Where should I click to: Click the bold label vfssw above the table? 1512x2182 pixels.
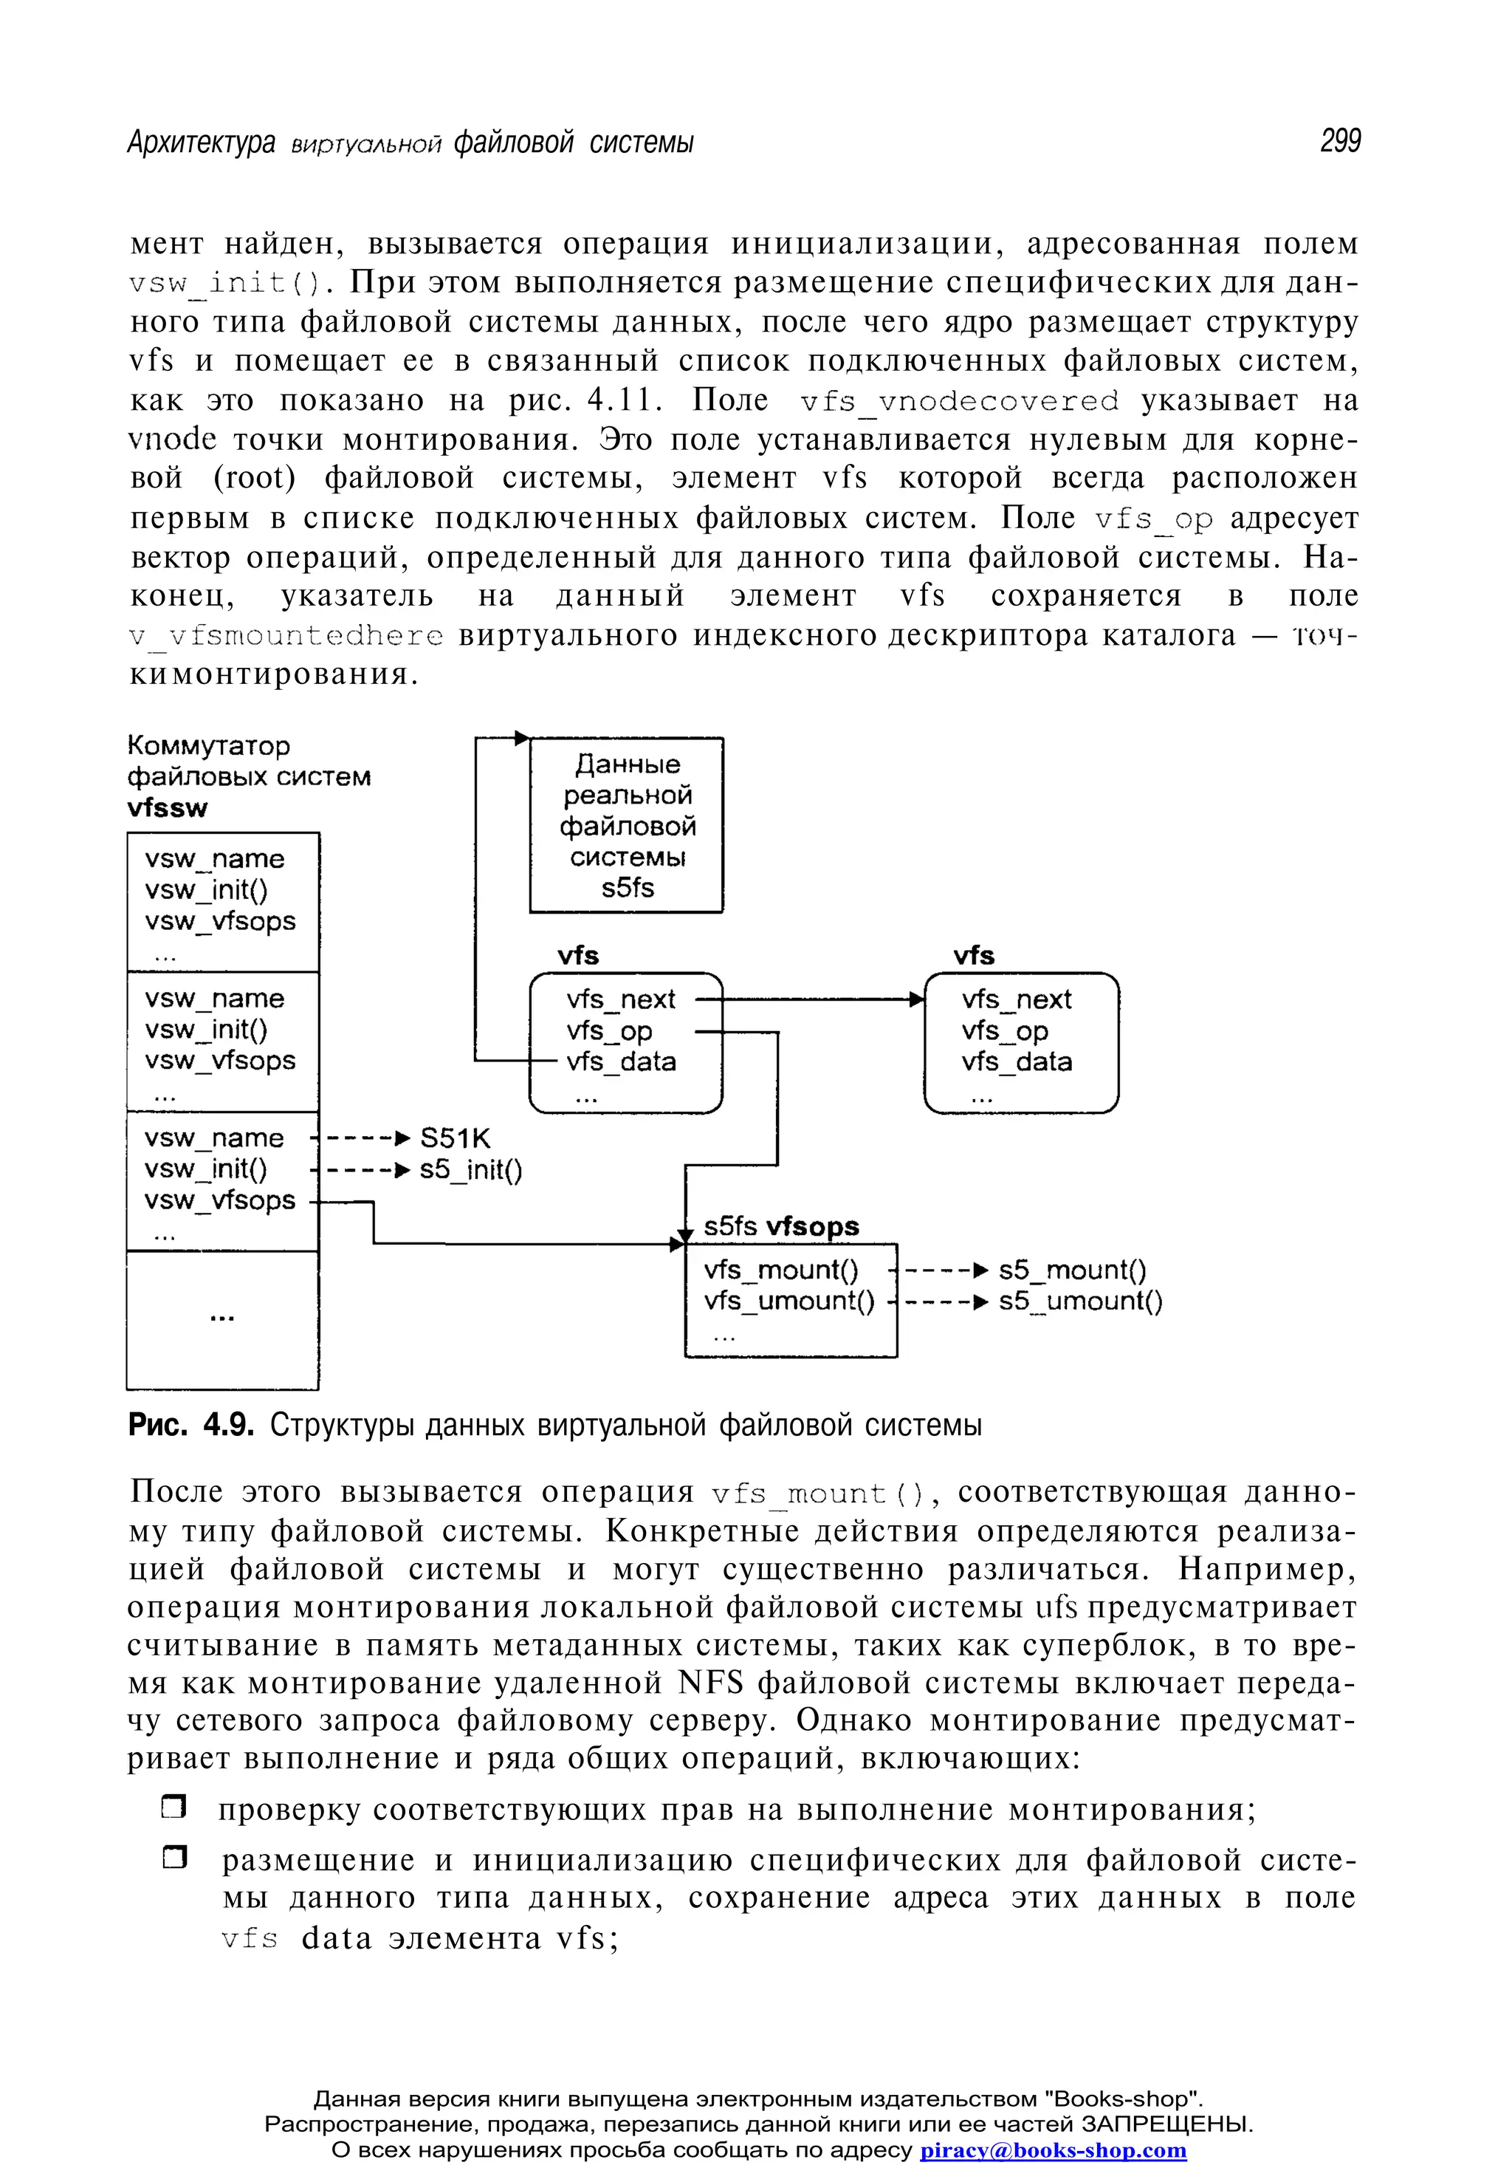(167, 807)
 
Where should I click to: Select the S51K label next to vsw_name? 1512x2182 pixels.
(455, 1138)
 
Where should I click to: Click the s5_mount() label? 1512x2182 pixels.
(1071, 1270)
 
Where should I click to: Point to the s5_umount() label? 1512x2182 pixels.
(1080, 1301)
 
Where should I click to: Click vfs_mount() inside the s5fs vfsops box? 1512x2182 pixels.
(780, 1270)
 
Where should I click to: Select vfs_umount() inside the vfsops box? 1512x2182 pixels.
(788, 1301)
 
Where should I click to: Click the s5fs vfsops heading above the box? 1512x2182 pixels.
(780, 1227)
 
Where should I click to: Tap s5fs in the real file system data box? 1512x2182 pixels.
(627, 888)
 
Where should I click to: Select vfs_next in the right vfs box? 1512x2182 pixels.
(1016, 999)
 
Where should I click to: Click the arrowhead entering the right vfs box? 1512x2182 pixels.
(916, 999)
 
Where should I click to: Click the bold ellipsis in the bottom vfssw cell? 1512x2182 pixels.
(221, 1319)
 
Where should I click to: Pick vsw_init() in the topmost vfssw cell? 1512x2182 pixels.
(207, 890)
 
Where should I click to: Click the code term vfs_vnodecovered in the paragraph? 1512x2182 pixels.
(959, 401)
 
